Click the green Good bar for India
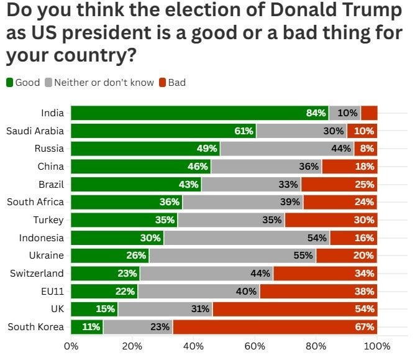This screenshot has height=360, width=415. click(199, 113)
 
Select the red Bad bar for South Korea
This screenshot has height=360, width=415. click(292, 327)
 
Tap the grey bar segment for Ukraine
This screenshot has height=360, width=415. click(232, 256)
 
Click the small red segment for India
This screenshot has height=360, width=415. click(369, 113)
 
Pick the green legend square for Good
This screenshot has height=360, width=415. click(10, 83)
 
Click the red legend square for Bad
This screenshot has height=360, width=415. click(163, 83)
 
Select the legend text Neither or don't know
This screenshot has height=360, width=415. click(104, 83)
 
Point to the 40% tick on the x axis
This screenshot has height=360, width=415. click(194, 346)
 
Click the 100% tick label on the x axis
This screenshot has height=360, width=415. click(377, 346)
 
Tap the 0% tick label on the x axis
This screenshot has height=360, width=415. click(71, 346)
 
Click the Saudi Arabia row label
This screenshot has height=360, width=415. click(35, 131)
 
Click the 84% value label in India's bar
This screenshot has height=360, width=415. click(316, 113)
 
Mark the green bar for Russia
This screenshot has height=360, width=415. click(145, 149)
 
